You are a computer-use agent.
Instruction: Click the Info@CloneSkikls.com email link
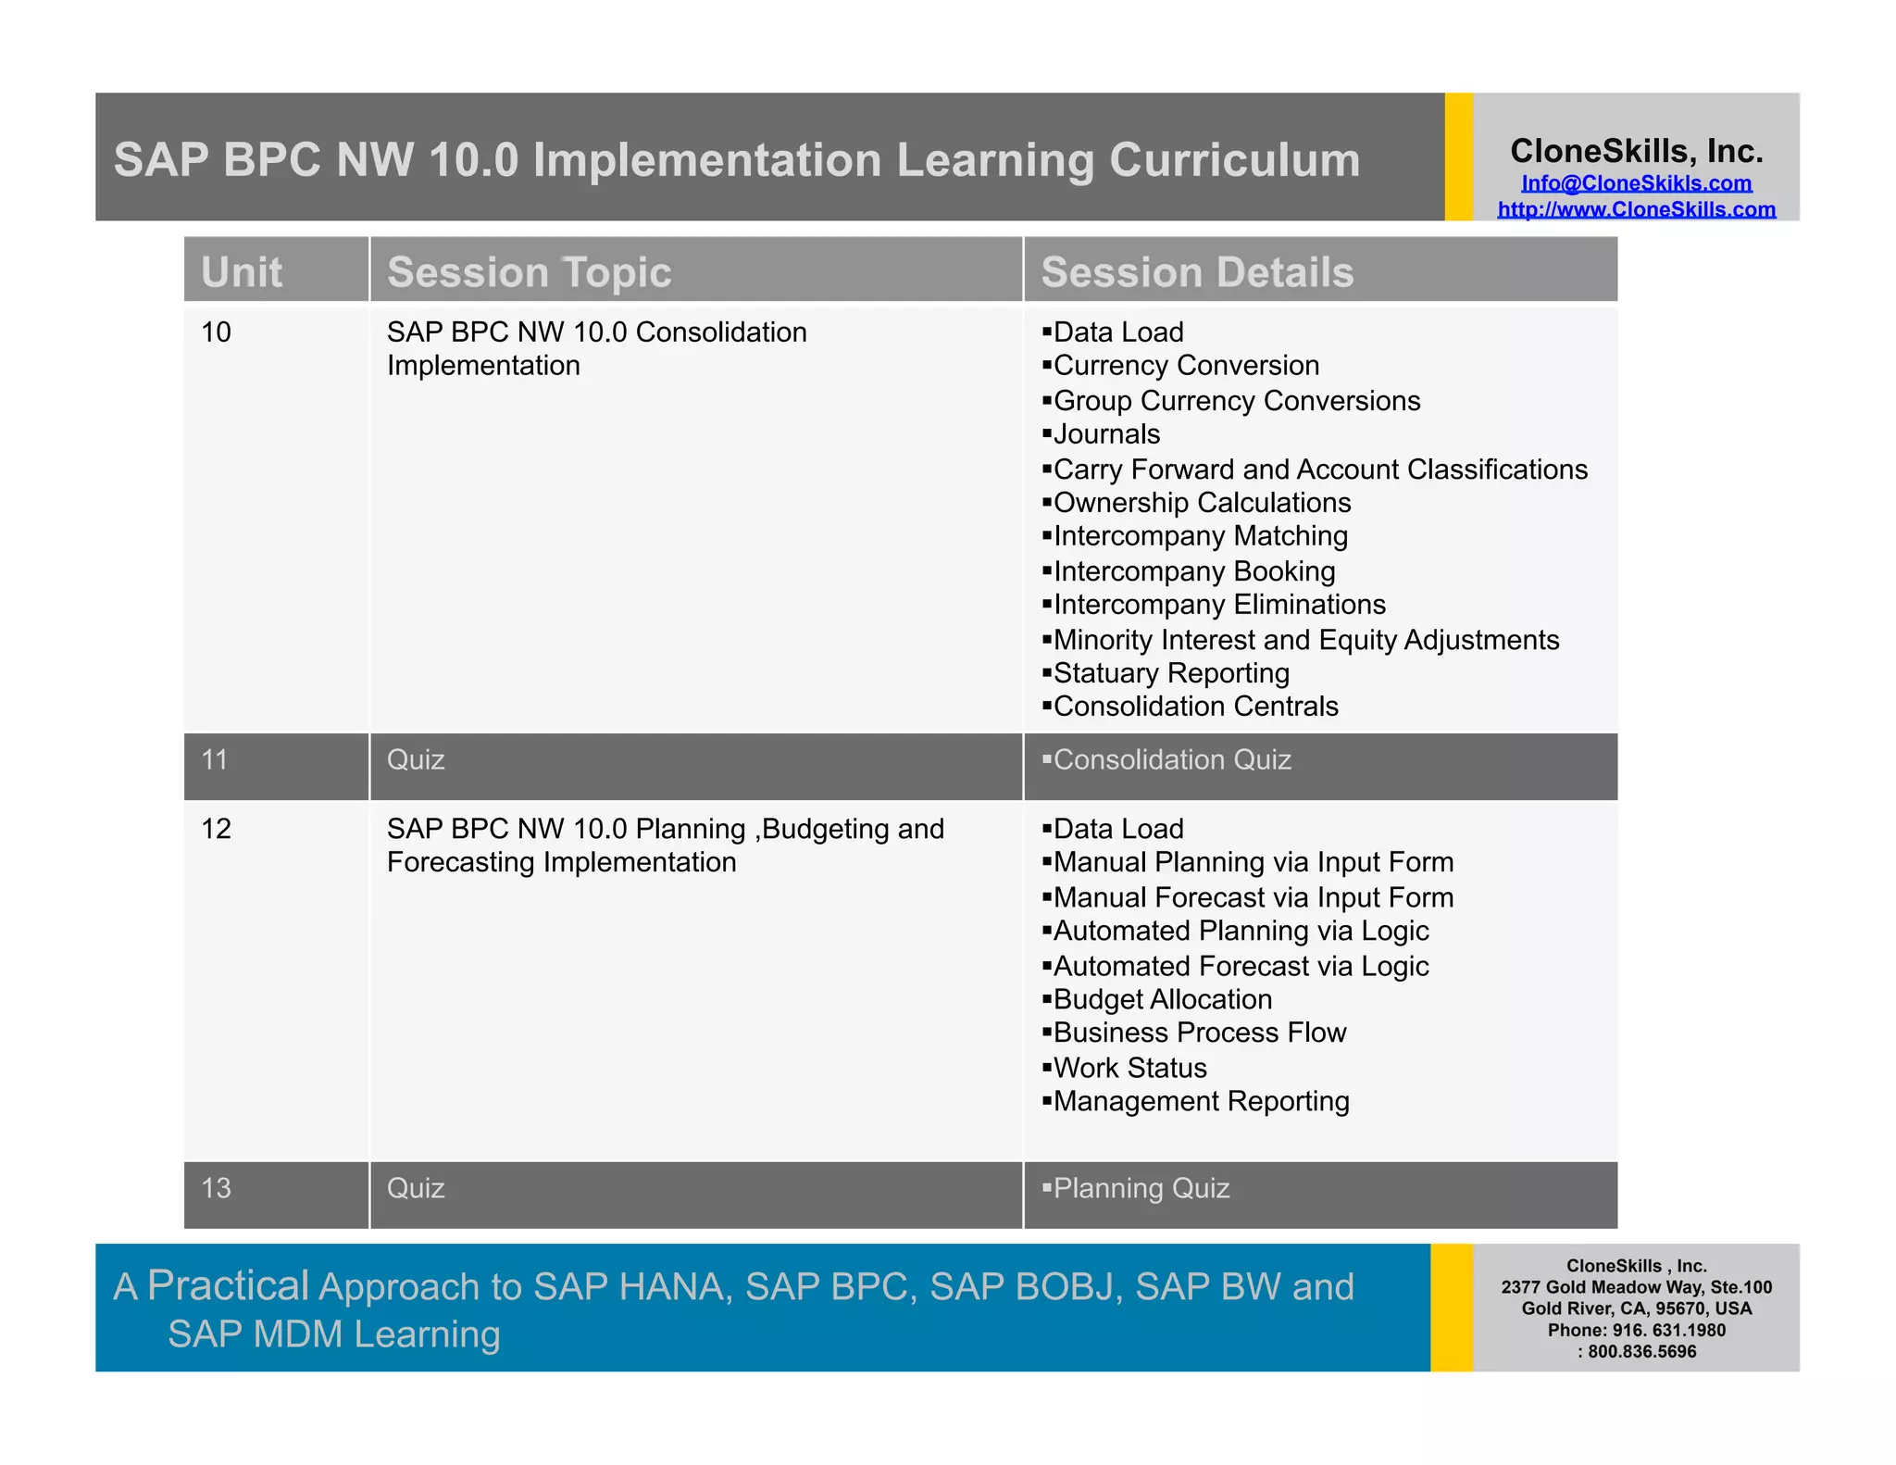click(x=1636, y=183)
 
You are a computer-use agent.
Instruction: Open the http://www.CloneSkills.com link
click(x=1636, y=209)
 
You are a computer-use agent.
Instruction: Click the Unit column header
click(x=242, y=272)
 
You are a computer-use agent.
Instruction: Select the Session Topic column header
click(x=529, y=272)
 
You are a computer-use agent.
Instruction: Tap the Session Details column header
click(x=1196, y=272)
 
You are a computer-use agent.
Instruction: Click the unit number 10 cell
click(x=216, y=332)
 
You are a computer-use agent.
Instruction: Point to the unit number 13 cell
click(x=216, y=1188)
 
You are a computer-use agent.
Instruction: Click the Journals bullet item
click(x=1105, y=434)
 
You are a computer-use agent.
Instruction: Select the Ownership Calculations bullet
click(x=1201, y=503)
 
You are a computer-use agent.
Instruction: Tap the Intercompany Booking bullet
click(x=1193, y=571)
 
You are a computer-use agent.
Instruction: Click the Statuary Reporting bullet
click(x=1170, y=673)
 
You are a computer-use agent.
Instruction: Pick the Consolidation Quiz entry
click(x=1171, y=760)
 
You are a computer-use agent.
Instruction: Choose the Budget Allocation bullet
click(x=1162, y=1000)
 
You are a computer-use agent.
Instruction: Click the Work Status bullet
click(x=1129, y=1069)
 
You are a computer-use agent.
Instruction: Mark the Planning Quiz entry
click(x=1141, y=1188)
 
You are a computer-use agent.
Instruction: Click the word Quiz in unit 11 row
click(x=416, y=760)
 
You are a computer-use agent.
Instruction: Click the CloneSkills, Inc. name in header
click(x=1636, y=151)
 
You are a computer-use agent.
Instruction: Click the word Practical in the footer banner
click(x=228, y=1285)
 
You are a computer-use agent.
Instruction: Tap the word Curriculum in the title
click(x=1234, y=160)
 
